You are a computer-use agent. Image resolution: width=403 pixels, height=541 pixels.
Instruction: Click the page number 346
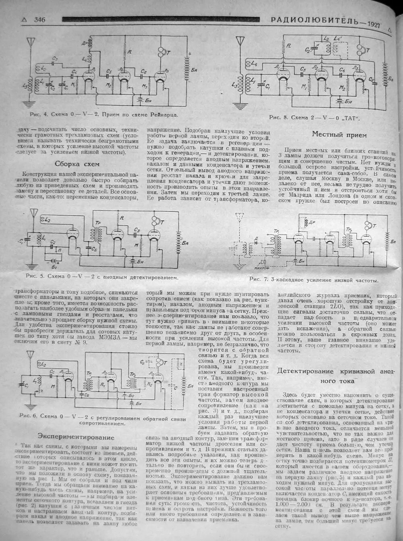pos(39,19)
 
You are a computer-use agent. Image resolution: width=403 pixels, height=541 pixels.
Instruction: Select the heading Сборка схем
pos(77,164)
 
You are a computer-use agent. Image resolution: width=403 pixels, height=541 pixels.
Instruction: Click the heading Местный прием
pos(334,135)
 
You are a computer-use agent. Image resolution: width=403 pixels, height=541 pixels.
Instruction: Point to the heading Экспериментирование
pos(76,437)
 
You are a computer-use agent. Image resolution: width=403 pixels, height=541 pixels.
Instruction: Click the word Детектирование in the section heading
pos(312,371)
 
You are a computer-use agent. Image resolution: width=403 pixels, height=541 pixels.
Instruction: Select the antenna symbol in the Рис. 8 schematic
pos(241,41)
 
